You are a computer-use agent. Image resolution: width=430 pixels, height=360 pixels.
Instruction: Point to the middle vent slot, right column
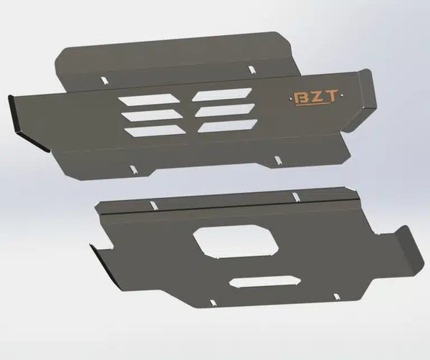coord(223,110)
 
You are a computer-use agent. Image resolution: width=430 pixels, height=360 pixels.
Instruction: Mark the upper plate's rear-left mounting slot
coord(105,79)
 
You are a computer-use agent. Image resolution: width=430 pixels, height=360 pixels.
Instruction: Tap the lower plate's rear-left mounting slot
coord(152,206)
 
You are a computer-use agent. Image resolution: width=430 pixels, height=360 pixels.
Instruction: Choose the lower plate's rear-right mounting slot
coord(295,196)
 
